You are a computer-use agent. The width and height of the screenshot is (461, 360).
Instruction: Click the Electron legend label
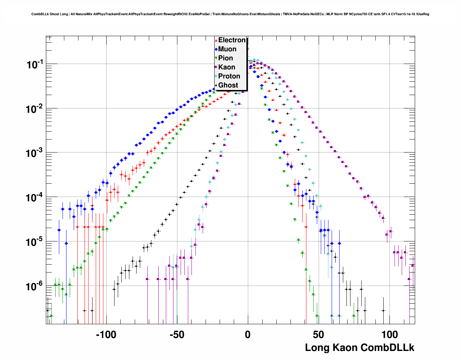232,40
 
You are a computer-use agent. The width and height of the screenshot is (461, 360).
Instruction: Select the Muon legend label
227,49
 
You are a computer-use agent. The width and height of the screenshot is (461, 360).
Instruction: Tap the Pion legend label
225,58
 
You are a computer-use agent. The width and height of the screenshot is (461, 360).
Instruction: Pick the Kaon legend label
227,67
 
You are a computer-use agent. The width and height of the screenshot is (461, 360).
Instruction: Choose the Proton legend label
229,76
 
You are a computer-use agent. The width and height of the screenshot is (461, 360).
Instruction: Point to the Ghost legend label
228,85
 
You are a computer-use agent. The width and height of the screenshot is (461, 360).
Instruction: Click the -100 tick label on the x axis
106,335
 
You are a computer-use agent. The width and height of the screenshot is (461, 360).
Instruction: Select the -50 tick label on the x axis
177,335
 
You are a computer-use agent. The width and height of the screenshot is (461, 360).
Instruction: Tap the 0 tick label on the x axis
247,335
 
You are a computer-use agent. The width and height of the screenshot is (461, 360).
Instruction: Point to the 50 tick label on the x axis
318,335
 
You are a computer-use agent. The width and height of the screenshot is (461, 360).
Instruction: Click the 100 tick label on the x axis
389,335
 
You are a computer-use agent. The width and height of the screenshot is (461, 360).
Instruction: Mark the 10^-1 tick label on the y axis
35,65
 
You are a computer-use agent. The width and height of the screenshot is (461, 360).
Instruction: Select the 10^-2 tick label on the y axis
35,109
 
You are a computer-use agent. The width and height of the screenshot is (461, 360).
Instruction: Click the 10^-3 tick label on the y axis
35,153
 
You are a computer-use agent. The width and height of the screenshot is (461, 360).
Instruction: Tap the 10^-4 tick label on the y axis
35,198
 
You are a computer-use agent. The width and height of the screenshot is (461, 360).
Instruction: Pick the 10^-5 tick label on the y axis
35,242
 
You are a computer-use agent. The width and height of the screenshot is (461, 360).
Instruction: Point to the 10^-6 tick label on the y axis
35,287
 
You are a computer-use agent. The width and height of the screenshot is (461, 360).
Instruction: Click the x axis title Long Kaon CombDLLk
359,348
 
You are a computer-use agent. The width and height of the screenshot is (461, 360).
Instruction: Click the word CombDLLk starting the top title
39,14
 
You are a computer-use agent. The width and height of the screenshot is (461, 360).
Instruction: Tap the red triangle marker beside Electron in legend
216,40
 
